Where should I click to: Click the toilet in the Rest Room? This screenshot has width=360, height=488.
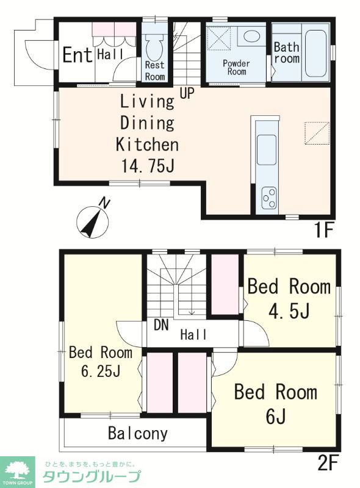click(154, 47)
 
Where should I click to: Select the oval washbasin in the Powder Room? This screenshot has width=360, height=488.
click(251, 37)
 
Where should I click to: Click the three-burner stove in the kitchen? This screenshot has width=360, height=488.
click(269, 198)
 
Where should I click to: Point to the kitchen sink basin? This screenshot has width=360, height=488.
click(266, 149)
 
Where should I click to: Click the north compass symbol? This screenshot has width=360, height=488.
click(93, 220)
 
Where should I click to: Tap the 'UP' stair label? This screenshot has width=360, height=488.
click(187, 93)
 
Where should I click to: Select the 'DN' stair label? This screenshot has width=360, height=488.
click(161, 325)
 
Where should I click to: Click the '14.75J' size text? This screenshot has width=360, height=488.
click(148, 166)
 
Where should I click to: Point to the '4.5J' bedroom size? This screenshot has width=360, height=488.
click(289, 311)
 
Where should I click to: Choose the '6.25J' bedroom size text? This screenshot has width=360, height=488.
click(101, 371)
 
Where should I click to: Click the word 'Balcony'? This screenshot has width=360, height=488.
click(138, 433)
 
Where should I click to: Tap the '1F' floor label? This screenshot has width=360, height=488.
click(324, 231)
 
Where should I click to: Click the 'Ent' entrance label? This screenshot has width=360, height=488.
click(77, 55)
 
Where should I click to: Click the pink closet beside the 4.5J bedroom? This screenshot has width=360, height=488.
click(225, 284)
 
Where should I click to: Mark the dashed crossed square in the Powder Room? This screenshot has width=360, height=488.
click(219, 38)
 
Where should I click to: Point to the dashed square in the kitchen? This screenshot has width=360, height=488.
click(317, 134)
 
